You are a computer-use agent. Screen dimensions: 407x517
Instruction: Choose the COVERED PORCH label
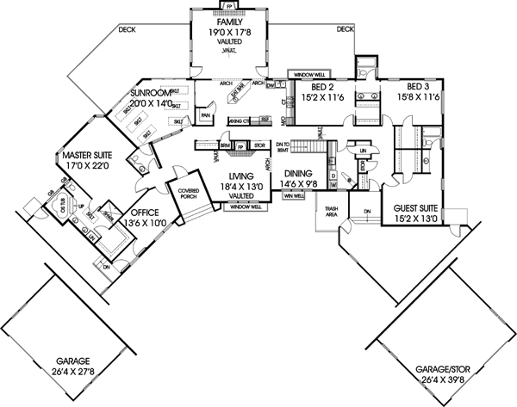(x=189, y=196)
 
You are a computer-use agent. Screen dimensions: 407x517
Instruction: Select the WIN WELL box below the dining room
(x=294, y=195)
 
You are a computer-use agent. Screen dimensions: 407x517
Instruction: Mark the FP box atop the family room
(x=228, y=5)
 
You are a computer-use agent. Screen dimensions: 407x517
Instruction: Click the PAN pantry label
(x=206, y=114)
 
